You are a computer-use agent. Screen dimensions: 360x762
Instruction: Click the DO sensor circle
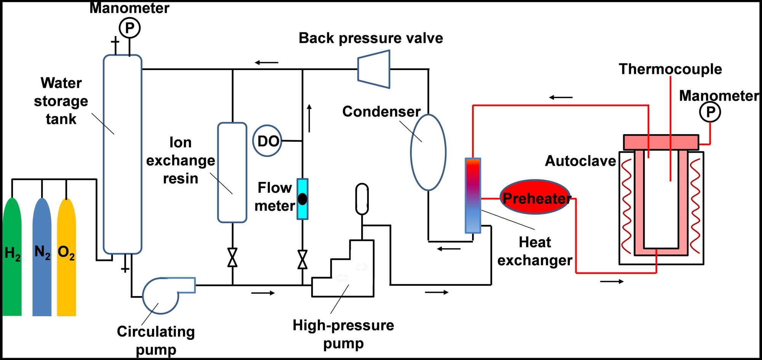pos(267,141)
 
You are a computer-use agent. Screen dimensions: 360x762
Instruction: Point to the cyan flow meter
pos(303,199)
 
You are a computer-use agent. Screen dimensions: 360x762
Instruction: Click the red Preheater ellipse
pos(535,197)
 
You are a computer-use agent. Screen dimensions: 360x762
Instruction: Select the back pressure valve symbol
pos(374,69)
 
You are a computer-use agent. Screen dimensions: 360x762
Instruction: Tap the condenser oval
pos(428,152)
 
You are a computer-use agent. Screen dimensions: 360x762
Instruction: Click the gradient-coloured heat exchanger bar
pos(473,195)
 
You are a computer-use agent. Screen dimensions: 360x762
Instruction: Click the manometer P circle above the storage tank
pos(130,28)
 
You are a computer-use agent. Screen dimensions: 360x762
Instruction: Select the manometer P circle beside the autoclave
pos(710,112)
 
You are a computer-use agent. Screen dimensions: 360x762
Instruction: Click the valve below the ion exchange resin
pos(232,258)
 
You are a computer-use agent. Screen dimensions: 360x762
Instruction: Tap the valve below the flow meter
pos(303,259)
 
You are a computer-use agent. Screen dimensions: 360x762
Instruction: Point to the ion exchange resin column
pos(232,172)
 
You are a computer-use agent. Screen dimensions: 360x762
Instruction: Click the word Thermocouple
pos(670,69)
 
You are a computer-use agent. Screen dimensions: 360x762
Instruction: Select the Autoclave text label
pos(580,161)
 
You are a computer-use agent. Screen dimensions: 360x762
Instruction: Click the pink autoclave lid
pos(661,142)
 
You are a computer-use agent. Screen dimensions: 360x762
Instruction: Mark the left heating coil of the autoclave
pos(626,206)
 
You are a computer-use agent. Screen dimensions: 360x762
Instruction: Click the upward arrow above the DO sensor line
pos(309,118)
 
